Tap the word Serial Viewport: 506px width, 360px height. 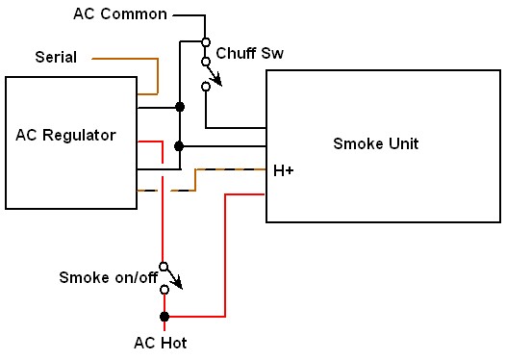(56, 59)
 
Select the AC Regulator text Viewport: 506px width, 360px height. (65, 135)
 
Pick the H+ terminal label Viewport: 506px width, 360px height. (284, 170)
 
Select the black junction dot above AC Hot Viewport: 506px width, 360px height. (164, 316)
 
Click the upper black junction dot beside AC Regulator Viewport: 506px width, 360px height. (179, 108)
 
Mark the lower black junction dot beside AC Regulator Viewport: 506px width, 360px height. (179, 146)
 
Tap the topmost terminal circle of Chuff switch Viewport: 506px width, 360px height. (205, 41)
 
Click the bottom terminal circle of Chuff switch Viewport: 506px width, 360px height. (205, 87)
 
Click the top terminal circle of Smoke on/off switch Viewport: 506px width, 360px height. (164, 267)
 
